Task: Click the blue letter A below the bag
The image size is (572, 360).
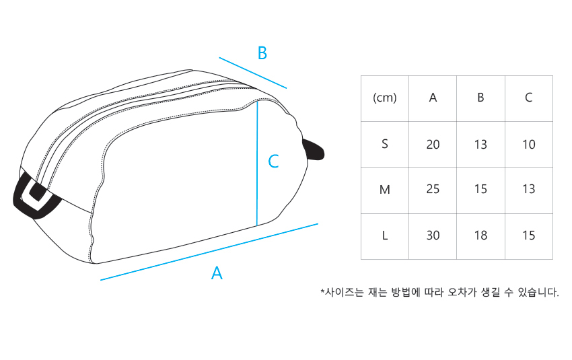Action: (217, 273)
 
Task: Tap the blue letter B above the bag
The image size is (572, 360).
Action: (262, 52)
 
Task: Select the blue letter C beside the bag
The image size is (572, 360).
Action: (273, 161)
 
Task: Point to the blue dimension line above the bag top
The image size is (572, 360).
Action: (252, 73)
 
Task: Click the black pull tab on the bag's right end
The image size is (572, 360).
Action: (314, 149)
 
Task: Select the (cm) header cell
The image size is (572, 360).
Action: (385, 98)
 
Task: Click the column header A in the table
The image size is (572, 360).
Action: (433, 98)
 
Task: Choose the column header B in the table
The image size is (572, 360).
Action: (480, 98)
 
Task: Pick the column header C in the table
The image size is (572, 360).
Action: (528, 98)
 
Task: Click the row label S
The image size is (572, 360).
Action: (385, 144)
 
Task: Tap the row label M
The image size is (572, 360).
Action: (385, 190)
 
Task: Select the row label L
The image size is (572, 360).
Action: (385, 236)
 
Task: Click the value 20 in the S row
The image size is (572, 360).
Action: (433, 144)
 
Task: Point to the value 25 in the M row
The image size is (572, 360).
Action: (433, 190)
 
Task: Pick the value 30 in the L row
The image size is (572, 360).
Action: (433, 236)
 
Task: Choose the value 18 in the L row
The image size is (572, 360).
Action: (480, 236)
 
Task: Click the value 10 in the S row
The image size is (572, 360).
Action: (528, 144)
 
